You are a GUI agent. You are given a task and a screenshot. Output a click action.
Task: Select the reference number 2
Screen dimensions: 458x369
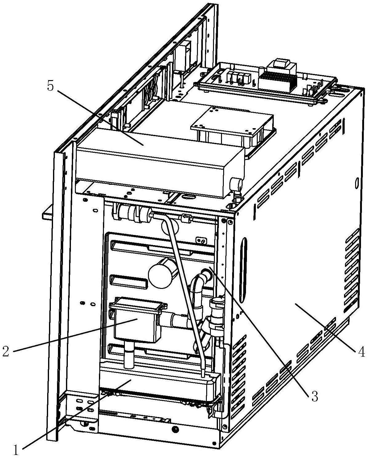(x=6, y=351)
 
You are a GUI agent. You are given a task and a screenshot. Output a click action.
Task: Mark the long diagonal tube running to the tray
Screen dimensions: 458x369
(x=185, y=293)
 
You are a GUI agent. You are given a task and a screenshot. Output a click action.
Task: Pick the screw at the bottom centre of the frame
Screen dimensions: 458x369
(x=175, y=429)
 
